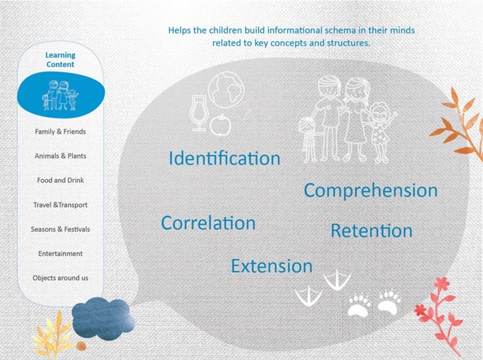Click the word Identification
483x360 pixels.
tap(225, 158)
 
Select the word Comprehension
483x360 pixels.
tap(371, 191)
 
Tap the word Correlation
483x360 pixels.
tap(208, 223)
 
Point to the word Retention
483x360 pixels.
tap(372, 231)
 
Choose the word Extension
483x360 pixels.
tap(272, 266)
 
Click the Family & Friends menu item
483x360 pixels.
tap(60, 132)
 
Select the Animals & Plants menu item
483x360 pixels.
tap(60, 156)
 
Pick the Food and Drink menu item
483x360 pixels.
tap(60, 180)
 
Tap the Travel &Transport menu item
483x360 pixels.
tap(60, 205)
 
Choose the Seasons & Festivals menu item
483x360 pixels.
tap(60, 229)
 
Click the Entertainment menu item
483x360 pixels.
tap(60, 254)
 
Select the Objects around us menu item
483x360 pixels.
tap(60, 278)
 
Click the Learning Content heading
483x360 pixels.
tap(60, 60)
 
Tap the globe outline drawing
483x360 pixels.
tap(226, 90)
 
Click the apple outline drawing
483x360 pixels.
tap(221, 125)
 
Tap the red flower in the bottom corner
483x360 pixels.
tap(439, 314)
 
